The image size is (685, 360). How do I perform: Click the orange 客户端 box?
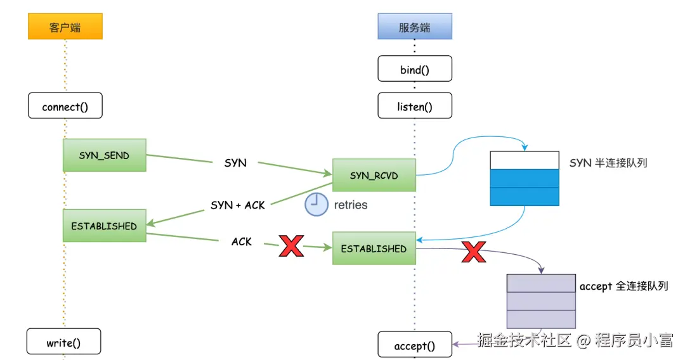(x=65, y=27)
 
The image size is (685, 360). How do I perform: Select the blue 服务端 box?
(x=414, y=27)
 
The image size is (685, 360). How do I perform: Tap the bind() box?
(x=415, y=69)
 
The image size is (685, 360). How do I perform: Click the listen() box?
(x=415, y=106)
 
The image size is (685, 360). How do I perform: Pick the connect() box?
(x=65, y=106)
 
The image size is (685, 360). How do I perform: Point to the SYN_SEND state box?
(x=104, y=155)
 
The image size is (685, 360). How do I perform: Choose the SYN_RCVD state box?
(x=374, y=175)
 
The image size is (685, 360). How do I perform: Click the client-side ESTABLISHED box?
(x=104, y=226)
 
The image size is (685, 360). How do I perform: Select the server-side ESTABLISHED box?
(x=374, y=248)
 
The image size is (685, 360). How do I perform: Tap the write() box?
(x=63, y=343)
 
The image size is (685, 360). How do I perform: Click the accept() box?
(x=415, y=345)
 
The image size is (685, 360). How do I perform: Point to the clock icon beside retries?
(x=316, y=205)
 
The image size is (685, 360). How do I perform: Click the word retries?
(x=351, y=205)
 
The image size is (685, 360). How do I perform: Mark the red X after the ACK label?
(x=291, y=245)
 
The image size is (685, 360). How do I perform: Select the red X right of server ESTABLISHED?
(x=473, y=252)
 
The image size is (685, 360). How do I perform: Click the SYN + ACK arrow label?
(x=238, y=205)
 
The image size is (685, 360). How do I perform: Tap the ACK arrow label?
(x=242, y=241)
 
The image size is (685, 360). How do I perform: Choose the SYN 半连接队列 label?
(x=608, y=164)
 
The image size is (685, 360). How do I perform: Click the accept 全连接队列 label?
(x=623, y=286)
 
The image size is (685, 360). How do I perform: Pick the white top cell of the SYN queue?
(x=525, y=160)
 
